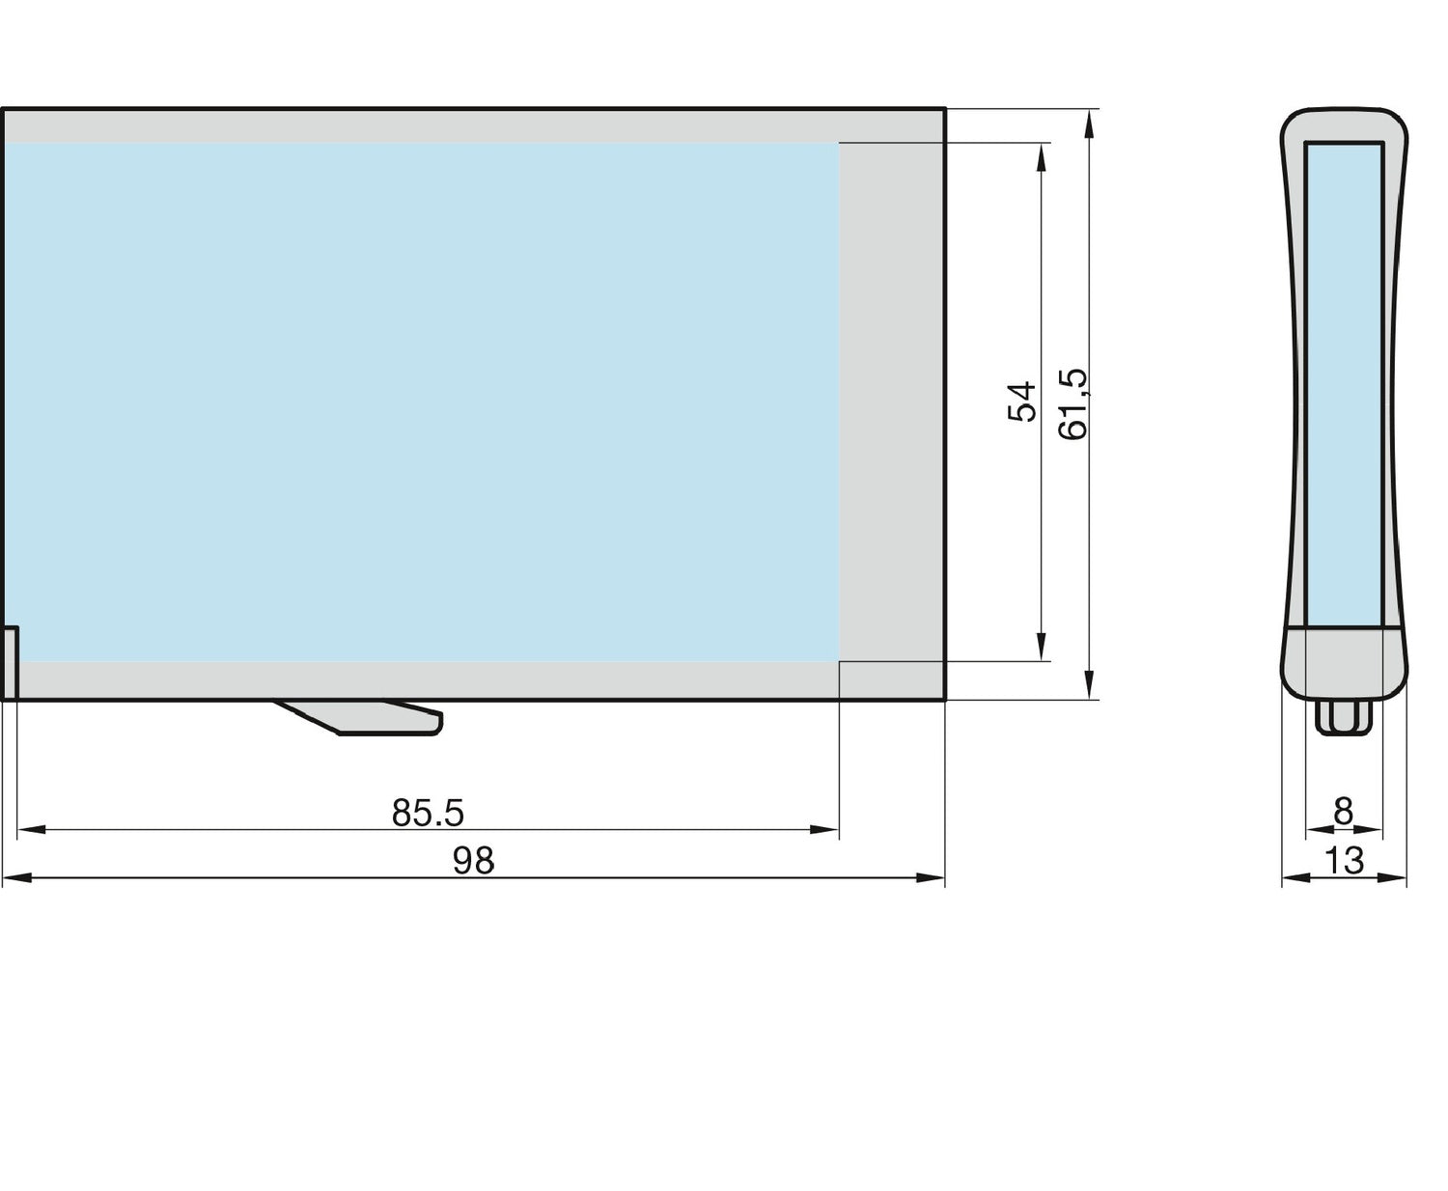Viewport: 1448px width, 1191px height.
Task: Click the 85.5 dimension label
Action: [428, 814]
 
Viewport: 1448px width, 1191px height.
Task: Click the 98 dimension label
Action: [473, 861]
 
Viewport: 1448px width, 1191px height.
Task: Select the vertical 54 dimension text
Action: [1021, 401]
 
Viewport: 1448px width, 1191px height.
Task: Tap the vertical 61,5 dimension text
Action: [1072, 403]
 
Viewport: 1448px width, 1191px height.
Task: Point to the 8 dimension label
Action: [1343, 813]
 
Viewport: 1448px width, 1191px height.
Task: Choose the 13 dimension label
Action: [1343, 861]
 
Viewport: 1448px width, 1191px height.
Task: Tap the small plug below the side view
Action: [1343, 718]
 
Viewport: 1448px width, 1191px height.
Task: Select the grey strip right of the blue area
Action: [891, 401]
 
